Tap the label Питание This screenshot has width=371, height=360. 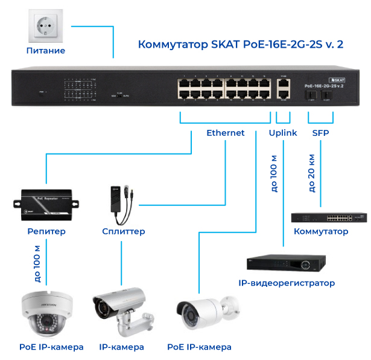pyautogui.click(x=46, y=51)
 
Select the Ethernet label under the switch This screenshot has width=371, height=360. pyautogui.click(x=226, y=133)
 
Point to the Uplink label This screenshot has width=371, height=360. pyautogui.click(x=282, y=133)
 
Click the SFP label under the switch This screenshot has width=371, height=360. pyautogui.click(x=320, y=133)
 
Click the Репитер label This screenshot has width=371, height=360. pyautogui.click(x=46, y=231)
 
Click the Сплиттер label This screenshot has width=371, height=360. pyautogui.click(x=124, y=231)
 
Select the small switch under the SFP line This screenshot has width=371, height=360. pyautogui.click(x=329, y=218)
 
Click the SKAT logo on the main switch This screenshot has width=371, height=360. pyautogui.click(x=336, y=80)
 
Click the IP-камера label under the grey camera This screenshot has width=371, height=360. pyautogui.click(x=121, y=347)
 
